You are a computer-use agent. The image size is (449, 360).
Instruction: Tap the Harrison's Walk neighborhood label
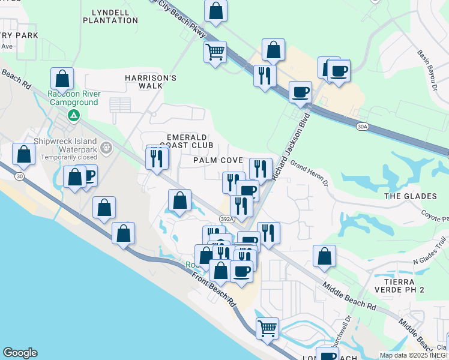151,82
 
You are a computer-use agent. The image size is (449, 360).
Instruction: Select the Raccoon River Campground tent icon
73,115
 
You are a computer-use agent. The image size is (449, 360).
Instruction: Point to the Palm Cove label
218,161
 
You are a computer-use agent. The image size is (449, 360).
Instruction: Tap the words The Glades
410,196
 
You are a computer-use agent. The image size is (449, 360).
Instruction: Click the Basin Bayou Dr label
430,66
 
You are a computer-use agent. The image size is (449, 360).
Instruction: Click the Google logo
20,353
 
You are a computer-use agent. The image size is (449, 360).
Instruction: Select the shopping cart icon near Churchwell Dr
267,328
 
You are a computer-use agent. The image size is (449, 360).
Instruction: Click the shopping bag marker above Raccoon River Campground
62,78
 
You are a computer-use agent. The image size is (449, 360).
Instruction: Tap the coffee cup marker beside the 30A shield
300,92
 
